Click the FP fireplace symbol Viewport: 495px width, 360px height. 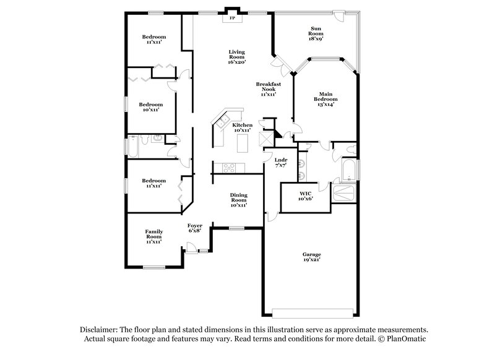coord(233,18)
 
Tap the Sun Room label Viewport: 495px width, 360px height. coord(315,32)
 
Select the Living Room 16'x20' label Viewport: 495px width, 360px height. coord(237,56)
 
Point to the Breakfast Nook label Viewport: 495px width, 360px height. coord(268,88)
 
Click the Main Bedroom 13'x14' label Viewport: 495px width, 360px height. coord(325,99)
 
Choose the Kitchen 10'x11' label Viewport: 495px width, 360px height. coord(242,127)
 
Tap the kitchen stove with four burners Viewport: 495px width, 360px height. coord(228,166)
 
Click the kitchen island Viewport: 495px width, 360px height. coord(243,144)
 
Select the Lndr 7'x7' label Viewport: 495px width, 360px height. coord(281,163)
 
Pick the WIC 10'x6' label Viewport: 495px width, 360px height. coord(306,195)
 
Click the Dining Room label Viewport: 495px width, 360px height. coord(238,200)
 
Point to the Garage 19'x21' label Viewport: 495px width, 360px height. coord(311,257)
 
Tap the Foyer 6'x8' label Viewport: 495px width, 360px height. coord(195,228)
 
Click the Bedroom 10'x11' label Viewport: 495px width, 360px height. coord(151,107)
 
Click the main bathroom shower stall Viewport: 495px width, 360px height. coord(343,194)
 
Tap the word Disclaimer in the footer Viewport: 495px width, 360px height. coord(97,330)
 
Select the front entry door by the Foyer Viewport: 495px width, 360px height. coord(192,251)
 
